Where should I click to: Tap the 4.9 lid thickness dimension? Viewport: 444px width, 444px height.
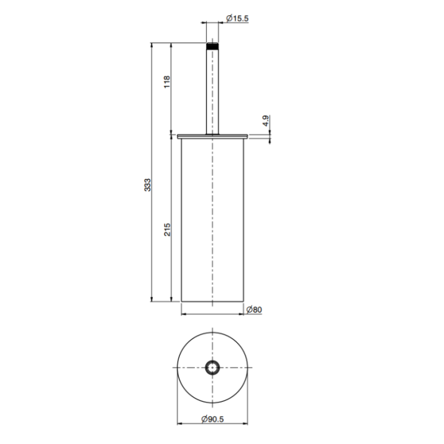click(265, 120)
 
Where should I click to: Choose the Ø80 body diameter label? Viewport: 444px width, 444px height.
click(253, 310)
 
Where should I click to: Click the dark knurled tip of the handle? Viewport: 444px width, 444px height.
click(212, 46)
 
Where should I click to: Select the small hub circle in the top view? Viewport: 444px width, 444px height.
click(212, 368)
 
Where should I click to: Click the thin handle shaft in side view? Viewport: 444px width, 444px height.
click(212, 92)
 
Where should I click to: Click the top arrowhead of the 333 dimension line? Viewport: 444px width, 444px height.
click(153, 46)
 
